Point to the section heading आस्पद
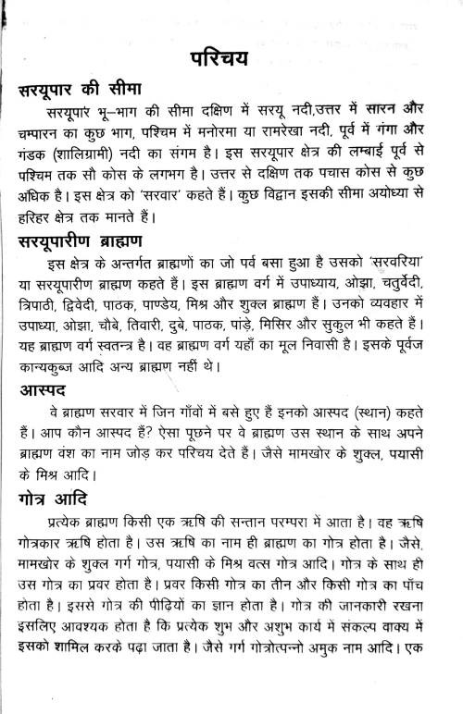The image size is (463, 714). pyautogui.click(x=50, y=393)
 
